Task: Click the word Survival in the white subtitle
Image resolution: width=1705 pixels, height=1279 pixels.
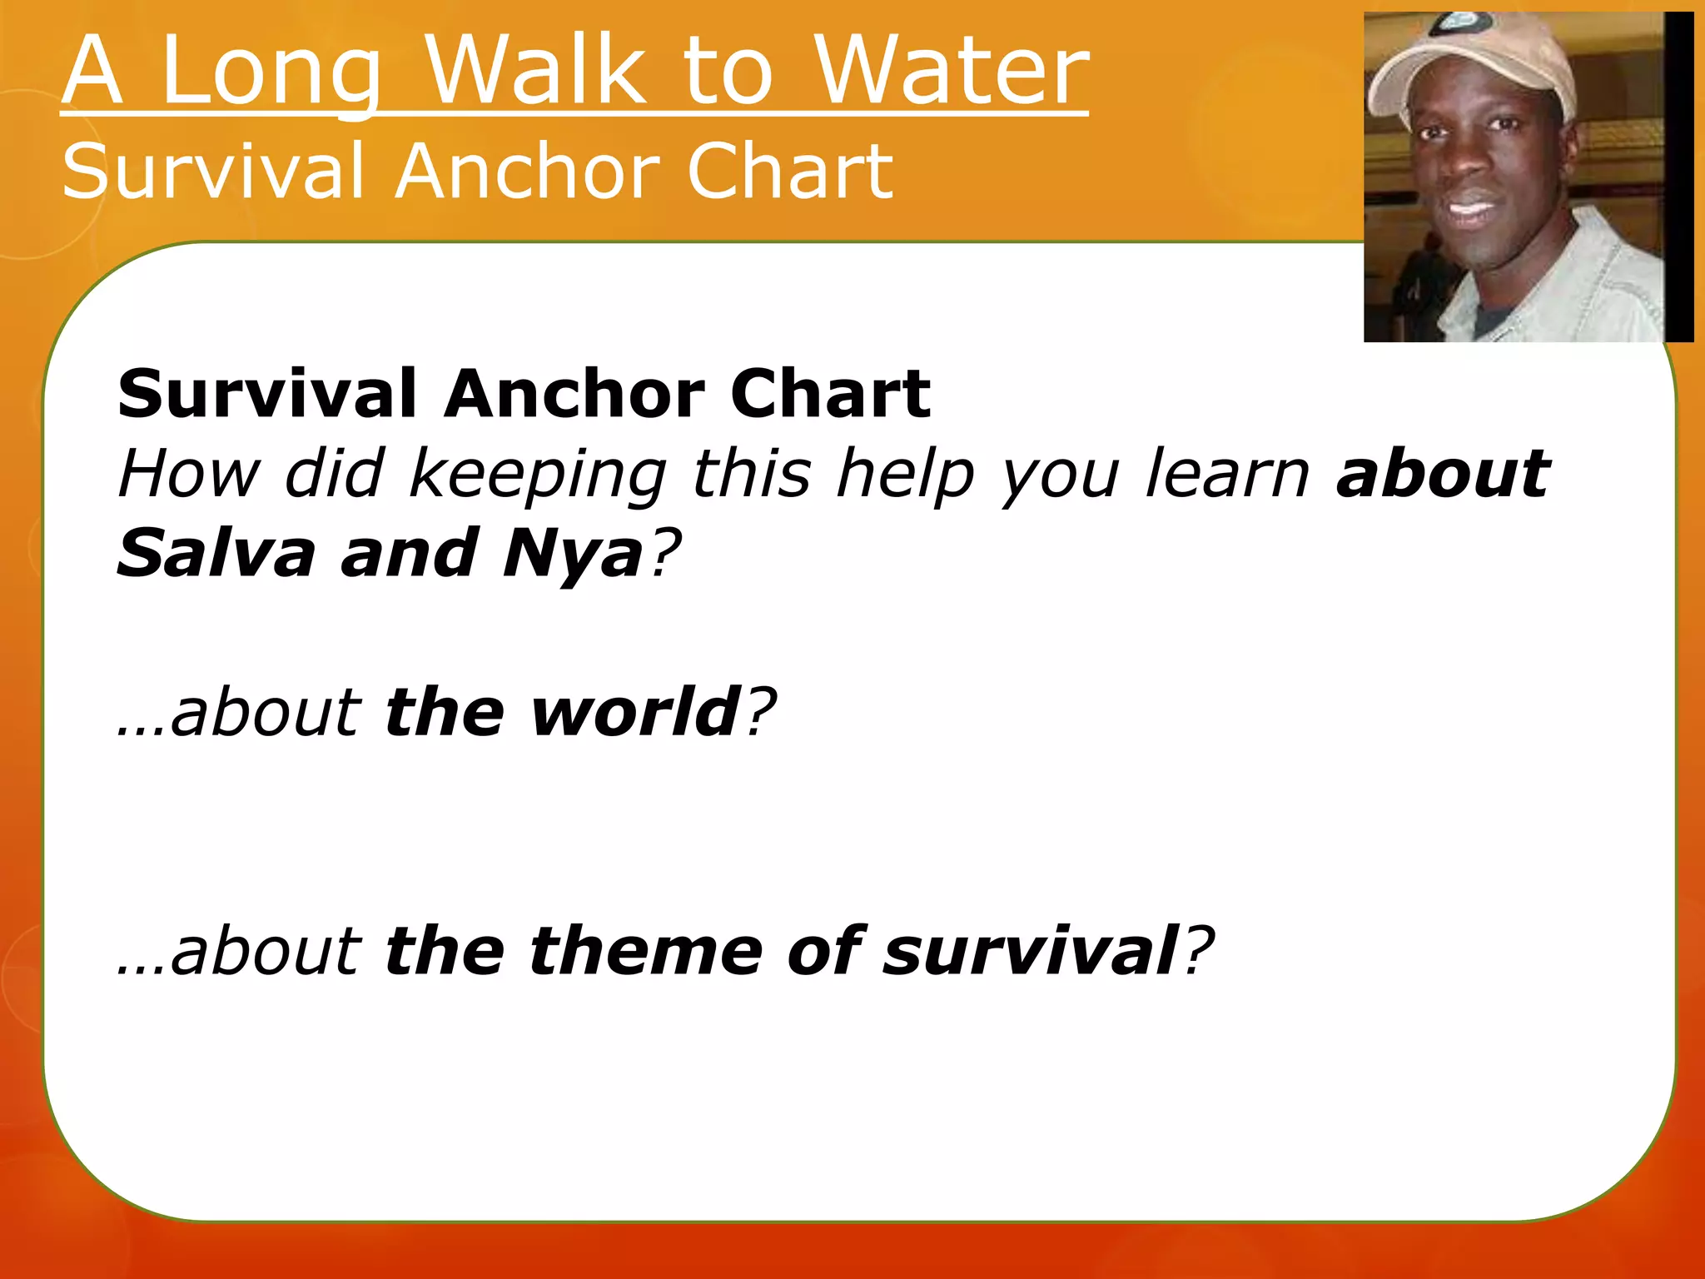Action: [213, 172]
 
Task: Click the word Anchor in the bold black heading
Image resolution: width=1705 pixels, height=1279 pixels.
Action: [574, 394]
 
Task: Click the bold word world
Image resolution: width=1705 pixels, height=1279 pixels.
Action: [636, 713]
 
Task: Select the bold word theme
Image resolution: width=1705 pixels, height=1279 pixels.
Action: [646, 952]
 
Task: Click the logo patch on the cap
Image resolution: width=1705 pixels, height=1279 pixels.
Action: [1459, 22]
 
